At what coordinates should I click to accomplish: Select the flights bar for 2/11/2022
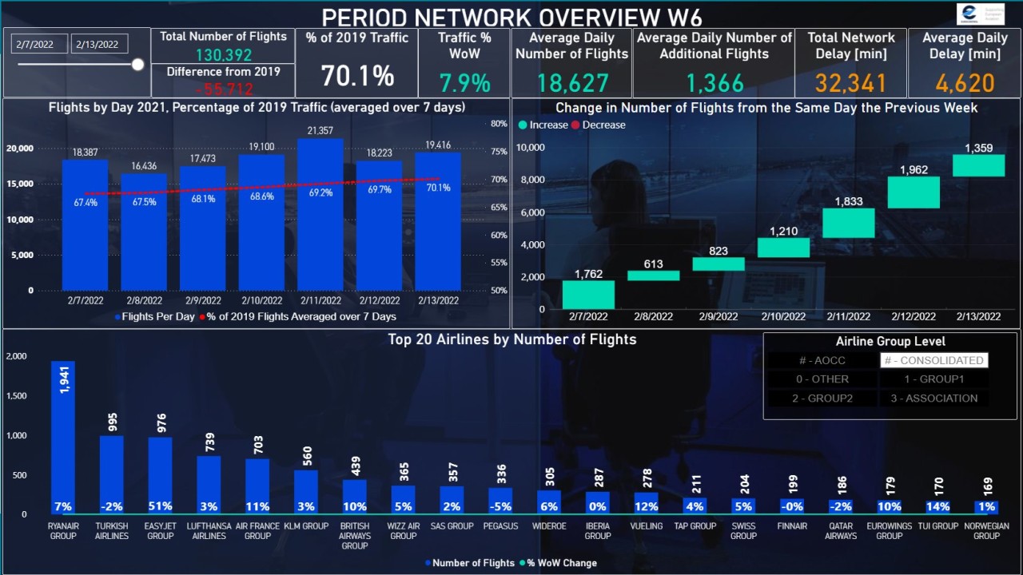[320, 216]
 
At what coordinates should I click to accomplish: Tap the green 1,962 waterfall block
[914, 192]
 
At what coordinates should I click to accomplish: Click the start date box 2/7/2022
[38, 45]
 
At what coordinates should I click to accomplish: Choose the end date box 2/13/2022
[98, 45]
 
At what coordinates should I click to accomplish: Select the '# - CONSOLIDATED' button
[933, 360]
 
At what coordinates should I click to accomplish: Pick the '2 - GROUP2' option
[822, 398]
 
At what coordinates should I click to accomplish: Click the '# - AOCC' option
[822, 360]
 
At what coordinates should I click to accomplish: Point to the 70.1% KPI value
[357, 77]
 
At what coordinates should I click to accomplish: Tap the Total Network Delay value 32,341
[850, 83]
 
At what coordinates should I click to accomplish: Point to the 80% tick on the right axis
[499, 124]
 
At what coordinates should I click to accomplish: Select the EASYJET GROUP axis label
[160, 531]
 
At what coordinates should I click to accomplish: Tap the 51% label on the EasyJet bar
[160, 506]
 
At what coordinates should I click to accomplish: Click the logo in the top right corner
[980, 14]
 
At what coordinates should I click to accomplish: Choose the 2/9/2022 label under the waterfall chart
[718, 317]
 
